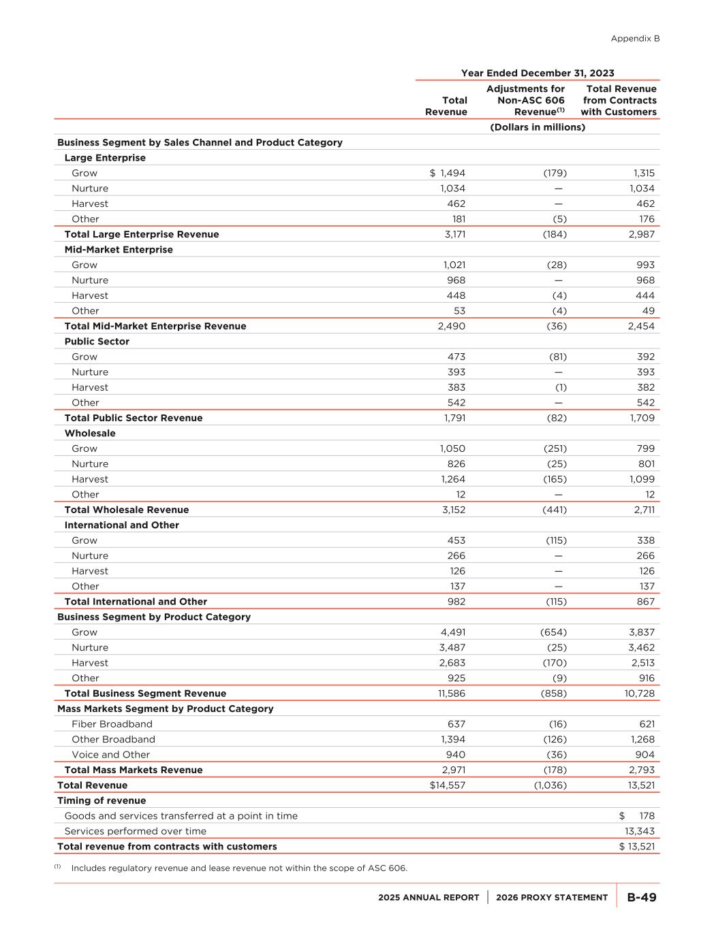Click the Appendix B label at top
coord(635,39)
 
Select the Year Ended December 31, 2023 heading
coord(538,73)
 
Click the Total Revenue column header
coord(446,106)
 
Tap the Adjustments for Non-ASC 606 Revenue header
coord(525,100)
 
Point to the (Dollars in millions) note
coord(538,127)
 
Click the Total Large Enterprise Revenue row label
coord(142,234)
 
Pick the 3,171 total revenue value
coord(452,234)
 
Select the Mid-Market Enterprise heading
coord(119,250)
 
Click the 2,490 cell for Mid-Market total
coord(451,326)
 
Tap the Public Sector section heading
coord(97,342)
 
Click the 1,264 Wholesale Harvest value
coord(452,479)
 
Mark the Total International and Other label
coord(136,602)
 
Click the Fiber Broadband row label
coord(112,724)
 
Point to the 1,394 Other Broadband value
coord(452,739)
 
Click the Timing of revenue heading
coord(102,800)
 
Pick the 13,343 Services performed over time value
coord(640,831)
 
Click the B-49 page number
coord(641,897)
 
